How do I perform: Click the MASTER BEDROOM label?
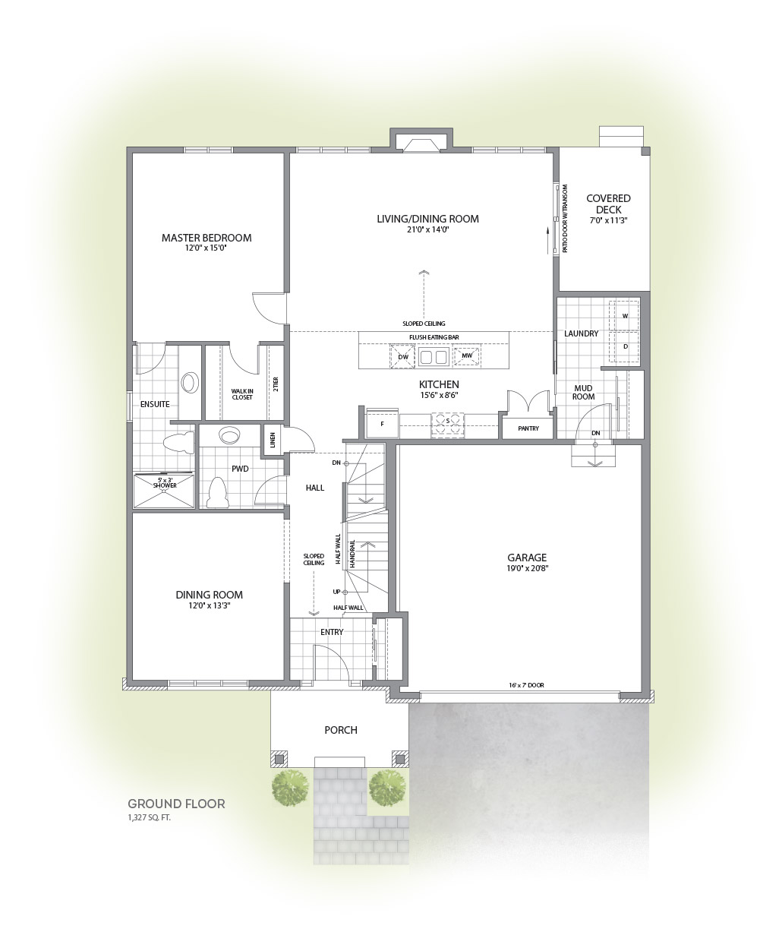(x=206, y=238)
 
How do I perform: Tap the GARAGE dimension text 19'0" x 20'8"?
(x=526, y=568)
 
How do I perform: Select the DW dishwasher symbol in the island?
(x=403, y=356)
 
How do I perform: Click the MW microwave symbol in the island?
(x=467, y=355)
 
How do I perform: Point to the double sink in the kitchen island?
(x=434, y=357)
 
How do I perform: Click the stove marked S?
(x=447, y=425)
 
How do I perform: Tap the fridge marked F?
(x=382, y=423)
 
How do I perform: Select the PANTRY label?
(x=528, y=428)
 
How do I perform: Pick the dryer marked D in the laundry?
(x=625, y=346)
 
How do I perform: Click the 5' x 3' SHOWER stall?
(x=164, y=490)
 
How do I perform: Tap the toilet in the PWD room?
(x=218, y=493)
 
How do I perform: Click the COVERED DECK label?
(x=608, y=204)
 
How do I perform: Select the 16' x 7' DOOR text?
(x=526, y=684)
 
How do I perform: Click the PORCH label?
(x=341, y=730)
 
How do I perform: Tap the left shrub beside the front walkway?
(x=291, y=788)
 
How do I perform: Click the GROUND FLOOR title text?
(x=176, y=804)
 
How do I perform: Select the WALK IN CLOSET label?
(x=242, y=394)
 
